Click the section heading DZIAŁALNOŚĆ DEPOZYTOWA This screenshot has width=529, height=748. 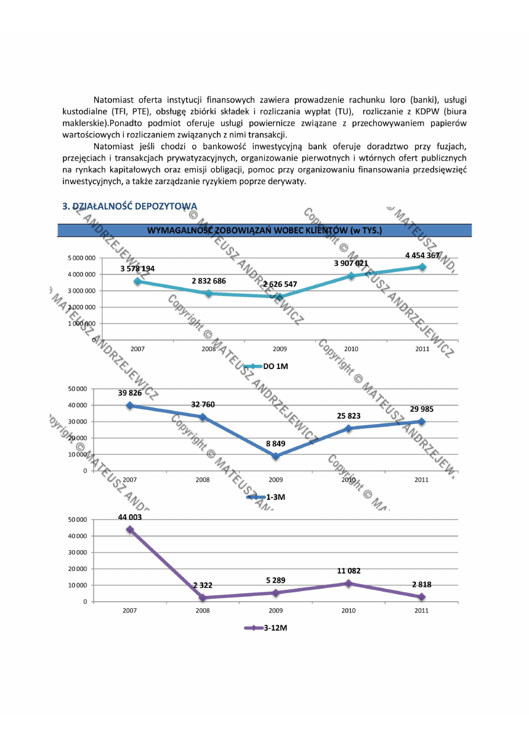click(130, 206)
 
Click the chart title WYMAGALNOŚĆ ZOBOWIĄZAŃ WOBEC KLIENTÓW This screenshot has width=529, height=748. click(264, 230)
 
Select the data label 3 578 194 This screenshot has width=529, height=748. click(137, 269)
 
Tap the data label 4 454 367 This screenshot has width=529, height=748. click(422, 255)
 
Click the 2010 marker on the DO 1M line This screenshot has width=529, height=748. click(351, 275)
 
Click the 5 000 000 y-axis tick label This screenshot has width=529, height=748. click(82, 258)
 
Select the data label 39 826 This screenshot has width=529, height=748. click(130, 393)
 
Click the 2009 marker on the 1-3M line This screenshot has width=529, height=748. click(275, 456)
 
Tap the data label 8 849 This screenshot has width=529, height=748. click(275, 443)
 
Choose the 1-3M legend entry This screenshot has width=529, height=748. click(268, 497)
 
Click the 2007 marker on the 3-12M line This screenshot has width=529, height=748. click(130, 529)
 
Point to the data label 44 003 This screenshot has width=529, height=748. click(130, 517)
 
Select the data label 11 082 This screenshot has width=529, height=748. click(350, 571)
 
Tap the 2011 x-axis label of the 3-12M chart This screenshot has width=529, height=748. click(422, 611)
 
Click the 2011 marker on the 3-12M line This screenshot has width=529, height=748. click(422, 597)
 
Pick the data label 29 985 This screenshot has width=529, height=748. click(422, 409)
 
